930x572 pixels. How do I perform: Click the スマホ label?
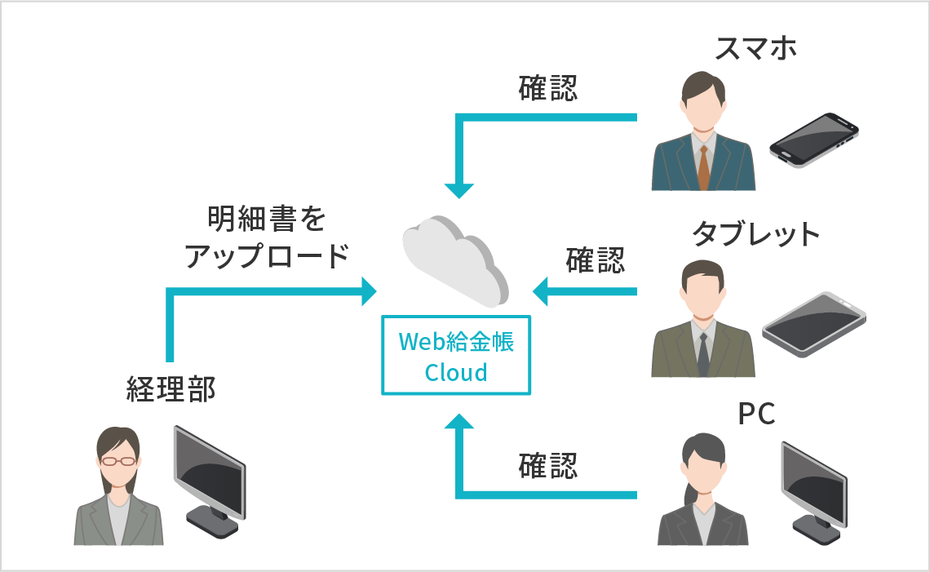(755, 49)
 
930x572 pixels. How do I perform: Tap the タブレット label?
(755, 234)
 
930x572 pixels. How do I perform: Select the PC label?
(755, 415)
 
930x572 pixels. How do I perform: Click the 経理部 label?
(171, 390)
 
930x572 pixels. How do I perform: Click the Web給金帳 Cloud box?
(456, 356)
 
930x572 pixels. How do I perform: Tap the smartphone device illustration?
(813, 140)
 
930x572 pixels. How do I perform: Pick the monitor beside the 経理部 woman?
(208, 481)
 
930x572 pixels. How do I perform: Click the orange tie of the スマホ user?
(703, 167)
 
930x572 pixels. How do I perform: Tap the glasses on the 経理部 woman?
(119, 462)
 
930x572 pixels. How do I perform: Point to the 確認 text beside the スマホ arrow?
(548, 88)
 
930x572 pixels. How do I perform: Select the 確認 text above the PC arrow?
(548, 466)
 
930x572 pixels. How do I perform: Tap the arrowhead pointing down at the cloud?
(459, 190)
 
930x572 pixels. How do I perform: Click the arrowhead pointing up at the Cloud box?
(459, 423)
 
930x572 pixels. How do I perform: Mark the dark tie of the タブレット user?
(702, 352)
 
